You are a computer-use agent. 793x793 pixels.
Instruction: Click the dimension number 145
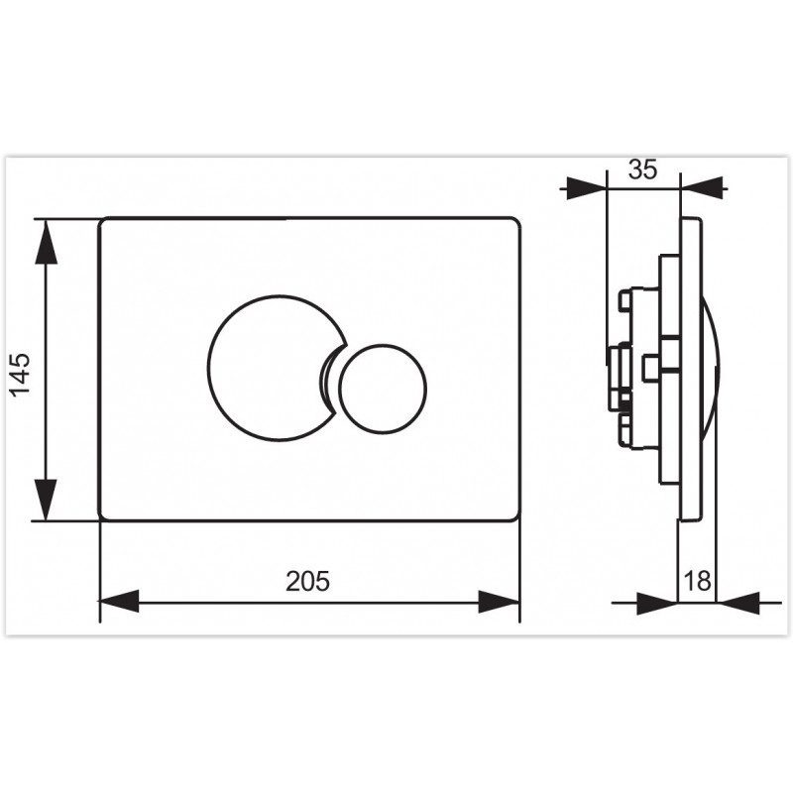pyautogui.click(x=21, y=376)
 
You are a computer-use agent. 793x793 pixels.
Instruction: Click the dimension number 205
pyautogui.click(x=307, y=581)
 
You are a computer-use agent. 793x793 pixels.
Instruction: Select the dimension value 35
pyautogui.click(x=642, y=170)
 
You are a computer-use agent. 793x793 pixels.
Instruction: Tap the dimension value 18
pyautogui.click(x=698, y=581)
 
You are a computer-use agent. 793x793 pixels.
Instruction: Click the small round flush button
pyautogui.click(x=384, y=389)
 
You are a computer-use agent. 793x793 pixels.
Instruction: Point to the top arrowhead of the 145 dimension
pyautogui.click(x=46, y=242)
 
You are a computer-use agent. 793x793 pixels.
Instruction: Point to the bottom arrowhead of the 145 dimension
pyautogui.click(x=46, y=499)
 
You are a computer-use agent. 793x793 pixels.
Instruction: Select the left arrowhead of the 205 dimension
pyautogui.click(x=119, y=601)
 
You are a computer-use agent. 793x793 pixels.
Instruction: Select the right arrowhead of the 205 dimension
pyautogui.click(x=500, y=601)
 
